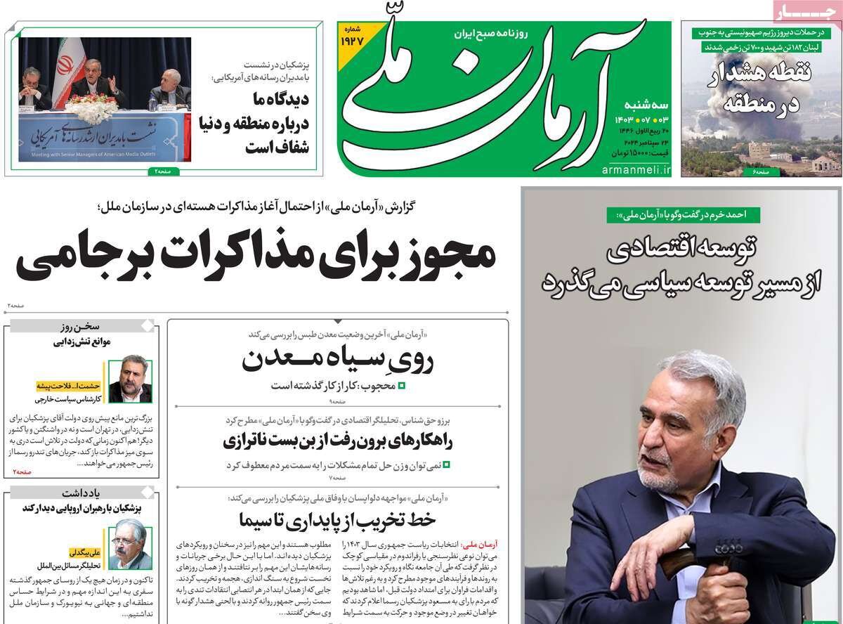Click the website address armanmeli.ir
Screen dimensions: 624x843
pyautogui.click(x=636, y=171)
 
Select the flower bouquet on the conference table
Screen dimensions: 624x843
pyautogui.click(x=92, y=108)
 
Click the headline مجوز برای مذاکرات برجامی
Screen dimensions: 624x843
pyautogui.click(x=256, y=257)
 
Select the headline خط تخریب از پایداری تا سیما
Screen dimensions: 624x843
pyautogui.click(x=338, y=519)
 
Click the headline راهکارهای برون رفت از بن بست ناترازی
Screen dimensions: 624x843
pyautogui.click(x=338, y=441)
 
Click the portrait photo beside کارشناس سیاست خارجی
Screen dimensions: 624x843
pyautogui.click(x=130, y=382)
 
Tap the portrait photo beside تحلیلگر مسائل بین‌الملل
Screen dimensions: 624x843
pyautogui.click(x=131, y=544)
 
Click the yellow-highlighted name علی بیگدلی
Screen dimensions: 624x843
pyautogui.click(x=86, y=552)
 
